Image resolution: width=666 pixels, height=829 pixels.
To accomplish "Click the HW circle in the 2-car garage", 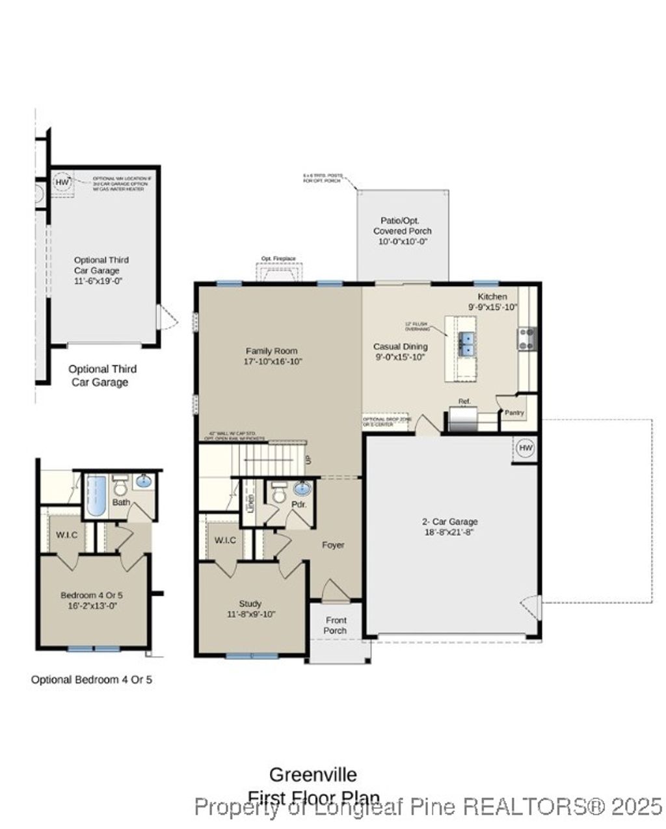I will point(526,449).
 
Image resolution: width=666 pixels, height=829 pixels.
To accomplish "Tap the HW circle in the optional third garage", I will point(62,183).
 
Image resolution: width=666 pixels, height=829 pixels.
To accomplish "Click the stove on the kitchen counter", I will point(526,338).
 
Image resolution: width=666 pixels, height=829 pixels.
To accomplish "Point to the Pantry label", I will point(514,412).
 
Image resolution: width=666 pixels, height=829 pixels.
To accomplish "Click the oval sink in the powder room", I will point(302,489).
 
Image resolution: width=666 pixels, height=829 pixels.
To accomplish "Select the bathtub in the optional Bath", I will point(96,495).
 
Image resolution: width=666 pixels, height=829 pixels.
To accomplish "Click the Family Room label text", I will point(271,350).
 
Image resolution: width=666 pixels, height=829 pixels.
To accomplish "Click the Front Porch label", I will point(336,625).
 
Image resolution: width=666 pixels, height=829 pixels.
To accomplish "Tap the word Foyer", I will point(333,545).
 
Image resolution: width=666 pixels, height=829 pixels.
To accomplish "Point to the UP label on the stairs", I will point(308,460).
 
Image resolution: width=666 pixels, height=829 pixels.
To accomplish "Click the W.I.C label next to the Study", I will point(224,540).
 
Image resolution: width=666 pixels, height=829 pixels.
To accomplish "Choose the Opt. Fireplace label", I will point(278,259).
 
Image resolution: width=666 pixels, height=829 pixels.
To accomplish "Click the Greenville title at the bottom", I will point(313,774).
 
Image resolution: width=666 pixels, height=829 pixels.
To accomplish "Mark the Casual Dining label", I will point(400,347).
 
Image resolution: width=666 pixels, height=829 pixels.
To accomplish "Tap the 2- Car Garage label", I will point(450,521).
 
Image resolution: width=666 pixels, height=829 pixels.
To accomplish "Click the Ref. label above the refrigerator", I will point(464,401).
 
